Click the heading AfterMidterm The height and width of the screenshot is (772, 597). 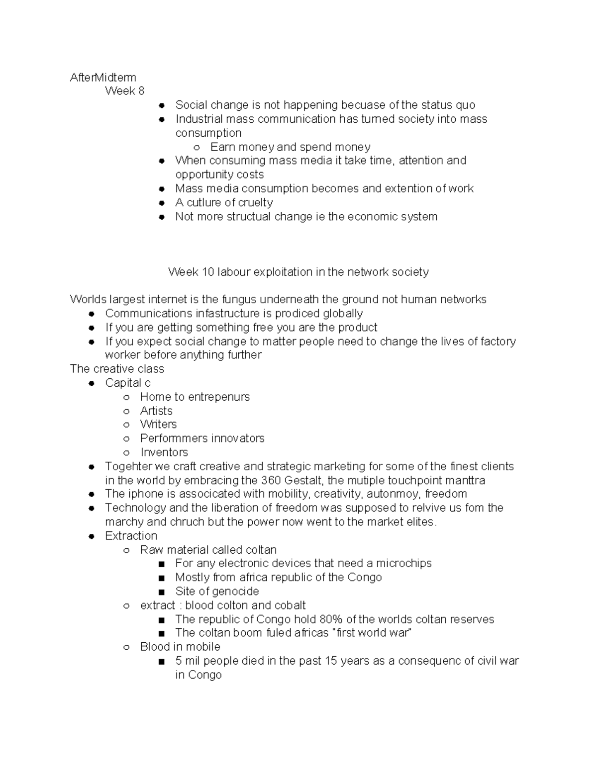tap(103, 77)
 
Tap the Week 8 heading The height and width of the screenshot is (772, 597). tap(124, 91)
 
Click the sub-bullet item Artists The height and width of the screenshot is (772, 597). tap(156, 411)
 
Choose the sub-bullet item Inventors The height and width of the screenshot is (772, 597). tap(164, 452)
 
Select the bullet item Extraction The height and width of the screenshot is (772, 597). tap(131, 536)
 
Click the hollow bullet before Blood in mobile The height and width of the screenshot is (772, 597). tap(127, 647)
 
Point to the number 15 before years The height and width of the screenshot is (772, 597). tap(331, 661)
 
